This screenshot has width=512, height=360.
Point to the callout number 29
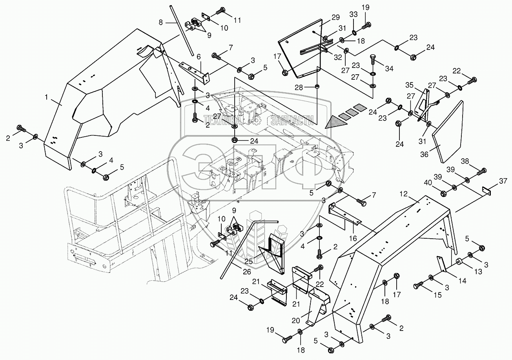tap(335, 17)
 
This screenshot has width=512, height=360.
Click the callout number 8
tap(160, 23)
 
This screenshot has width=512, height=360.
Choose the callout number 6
tap(199, 57)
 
